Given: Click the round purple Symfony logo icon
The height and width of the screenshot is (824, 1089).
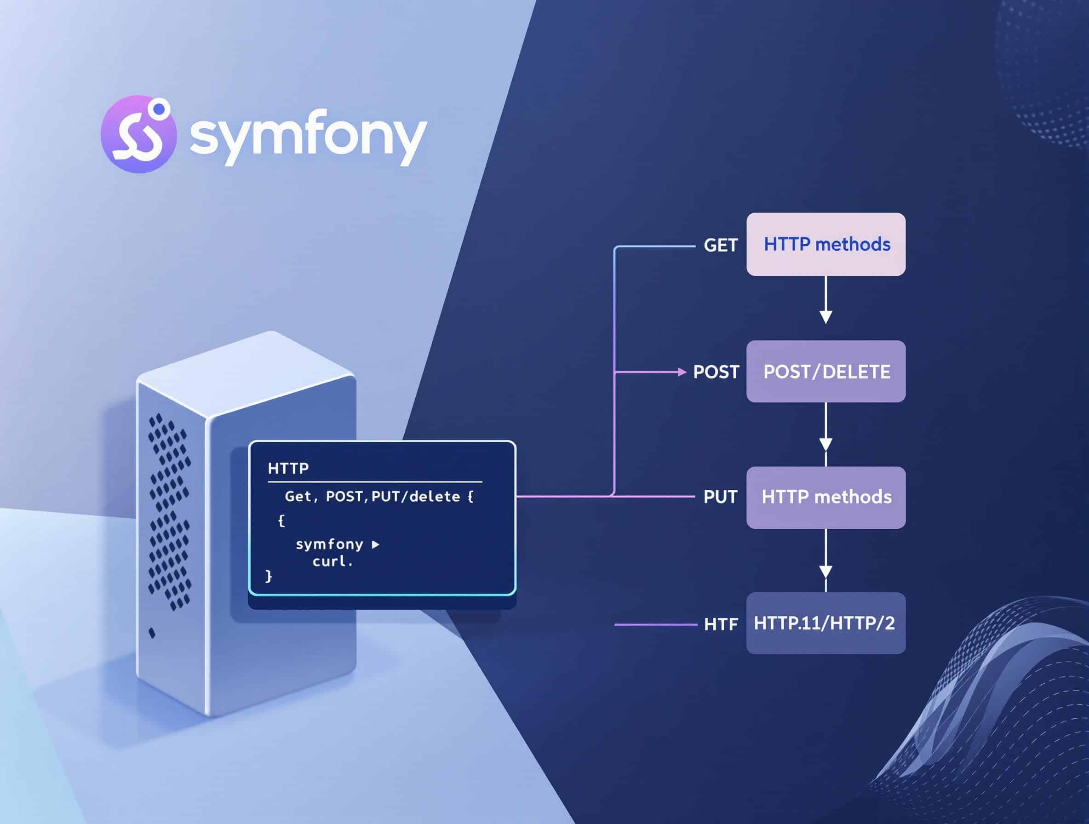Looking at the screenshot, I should (138, 134).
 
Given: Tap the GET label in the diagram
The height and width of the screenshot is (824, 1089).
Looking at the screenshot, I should (720, 245).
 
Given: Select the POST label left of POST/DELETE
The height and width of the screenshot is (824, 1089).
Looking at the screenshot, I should (716, 372).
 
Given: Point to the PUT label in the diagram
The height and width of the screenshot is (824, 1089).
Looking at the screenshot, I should (720, 497).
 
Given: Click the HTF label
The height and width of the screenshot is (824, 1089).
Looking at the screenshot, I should (721, 624).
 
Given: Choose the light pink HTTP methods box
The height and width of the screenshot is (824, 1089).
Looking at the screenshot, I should (825, 244).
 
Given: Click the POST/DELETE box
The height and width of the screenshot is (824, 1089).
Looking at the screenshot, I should (825, 372).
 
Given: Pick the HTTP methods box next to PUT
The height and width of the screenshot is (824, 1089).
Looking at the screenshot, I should (825, 497).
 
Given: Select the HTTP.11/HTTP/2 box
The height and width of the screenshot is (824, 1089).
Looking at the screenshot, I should (825, 623).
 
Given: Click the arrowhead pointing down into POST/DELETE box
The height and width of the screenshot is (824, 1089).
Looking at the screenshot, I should (825, 316).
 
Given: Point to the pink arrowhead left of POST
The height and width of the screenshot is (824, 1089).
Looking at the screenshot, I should (682, 372).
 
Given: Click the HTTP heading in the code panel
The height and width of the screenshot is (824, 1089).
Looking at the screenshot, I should (288, 468).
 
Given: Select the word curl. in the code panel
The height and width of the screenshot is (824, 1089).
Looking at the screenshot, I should (333, 561).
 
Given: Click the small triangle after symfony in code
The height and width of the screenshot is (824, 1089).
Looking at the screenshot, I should (376, 544).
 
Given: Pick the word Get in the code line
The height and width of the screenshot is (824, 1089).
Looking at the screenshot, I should (298, 497).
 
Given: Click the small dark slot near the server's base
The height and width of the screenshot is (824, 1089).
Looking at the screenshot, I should (152, 633).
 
